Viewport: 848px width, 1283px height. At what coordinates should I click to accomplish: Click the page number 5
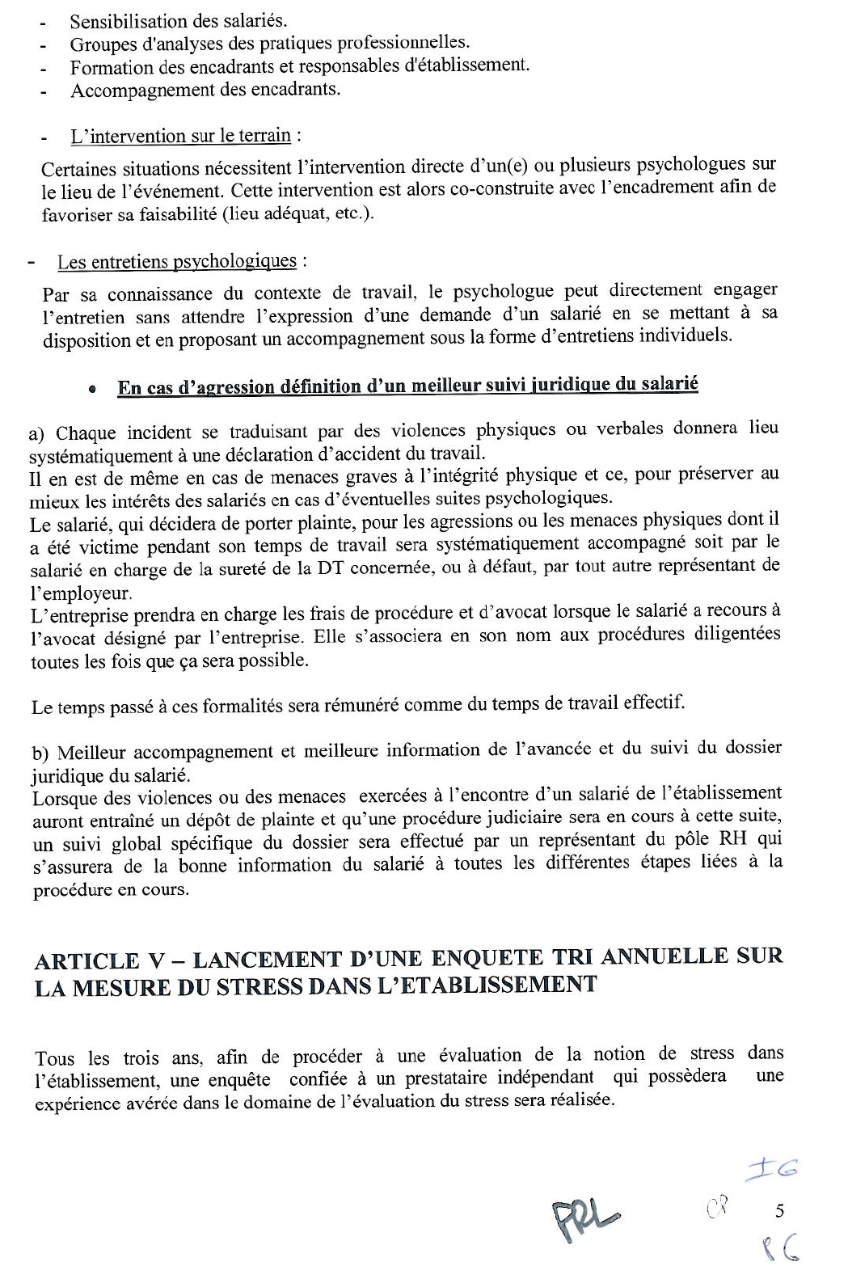[779, 1211]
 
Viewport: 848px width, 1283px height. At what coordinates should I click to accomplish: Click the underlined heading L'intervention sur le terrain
[180, 136]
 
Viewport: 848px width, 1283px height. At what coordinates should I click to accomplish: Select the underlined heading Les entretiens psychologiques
[177, 262]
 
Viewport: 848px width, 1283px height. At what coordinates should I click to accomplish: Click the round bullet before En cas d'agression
[94, 389]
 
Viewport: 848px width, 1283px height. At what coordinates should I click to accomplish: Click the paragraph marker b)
[40, 753]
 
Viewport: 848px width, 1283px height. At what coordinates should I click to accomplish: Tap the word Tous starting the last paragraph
[56, 1058]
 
